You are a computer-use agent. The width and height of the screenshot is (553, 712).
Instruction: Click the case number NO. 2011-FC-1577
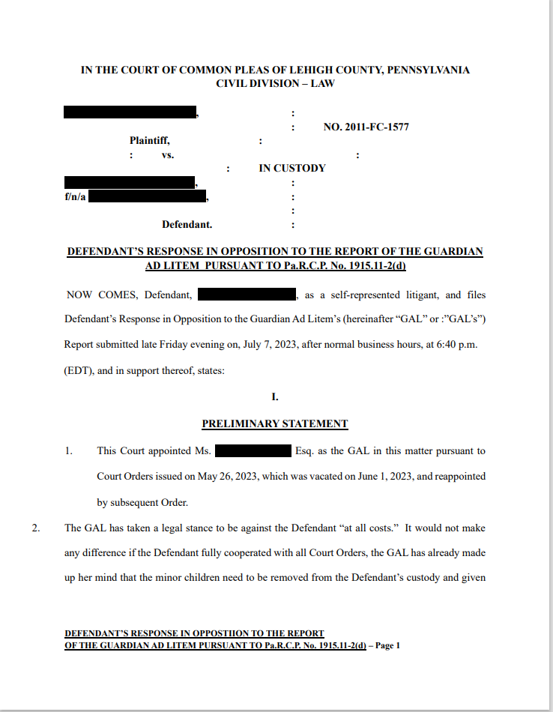tap(366, 127)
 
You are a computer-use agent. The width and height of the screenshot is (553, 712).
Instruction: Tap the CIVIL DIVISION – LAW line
tap(275, 83)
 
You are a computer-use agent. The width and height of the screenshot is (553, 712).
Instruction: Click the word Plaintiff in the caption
tap(150, 141)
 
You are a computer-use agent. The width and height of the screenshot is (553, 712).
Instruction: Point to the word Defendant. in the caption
tap(187, 224)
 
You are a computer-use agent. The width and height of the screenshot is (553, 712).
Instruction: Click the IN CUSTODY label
tap(292, 169)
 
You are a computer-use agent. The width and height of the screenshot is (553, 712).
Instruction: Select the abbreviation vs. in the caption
tap(168, 155)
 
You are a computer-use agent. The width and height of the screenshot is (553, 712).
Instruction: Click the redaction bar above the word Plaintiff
tap(130, 113)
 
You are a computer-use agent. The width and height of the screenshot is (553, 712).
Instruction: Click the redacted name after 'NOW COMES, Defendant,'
tap(247, 295)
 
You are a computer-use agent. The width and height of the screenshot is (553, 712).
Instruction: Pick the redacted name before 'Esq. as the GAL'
tap(253, 451)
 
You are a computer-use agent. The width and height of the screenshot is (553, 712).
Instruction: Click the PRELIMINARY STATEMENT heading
tap(275, 424)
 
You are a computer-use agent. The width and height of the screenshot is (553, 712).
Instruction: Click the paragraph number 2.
tap(36, 528)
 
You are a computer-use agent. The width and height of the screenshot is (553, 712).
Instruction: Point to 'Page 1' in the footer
tap(387, 645)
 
